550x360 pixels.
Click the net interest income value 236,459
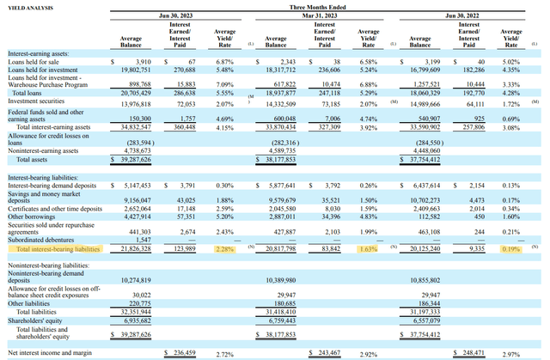tap(187, 353)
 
